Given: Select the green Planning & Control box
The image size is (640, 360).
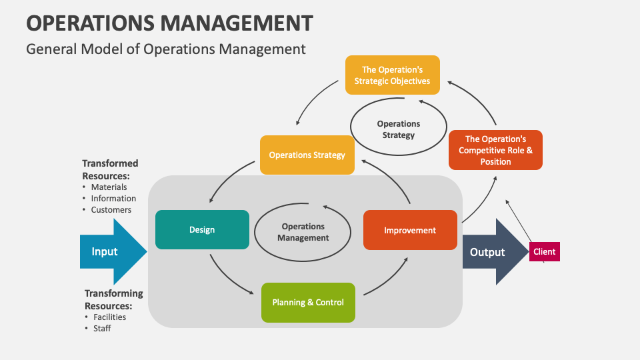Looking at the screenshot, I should [308, 302].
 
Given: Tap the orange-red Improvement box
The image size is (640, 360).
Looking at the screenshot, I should [410, 230].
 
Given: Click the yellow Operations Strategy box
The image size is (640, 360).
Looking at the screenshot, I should [307, 155].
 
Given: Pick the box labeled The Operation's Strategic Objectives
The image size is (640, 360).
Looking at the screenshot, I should [392, 75].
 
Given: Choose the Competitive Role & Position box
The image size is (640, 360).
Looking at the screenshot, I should [495, 150].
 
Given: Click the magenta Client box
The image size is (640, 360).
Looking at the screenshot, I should [545, 252].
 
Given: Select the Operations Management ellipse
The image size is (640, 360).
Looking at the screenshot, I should [303, 232].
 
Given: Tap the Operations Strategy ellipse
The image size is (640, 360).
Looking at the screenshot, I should [399, 129].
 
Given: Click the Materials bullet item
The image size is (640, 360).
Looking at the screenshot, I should [109, 187].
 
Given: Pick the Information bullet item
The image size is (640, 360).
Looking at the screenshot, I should [113, 199].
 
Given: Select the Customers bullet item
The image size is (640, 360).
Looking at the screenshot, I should [111, 210].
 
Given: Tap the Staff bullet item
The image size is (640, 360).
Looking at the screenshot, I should [102, 329].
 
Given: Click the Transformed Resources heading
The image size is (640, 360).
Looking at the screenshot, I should [110, 169].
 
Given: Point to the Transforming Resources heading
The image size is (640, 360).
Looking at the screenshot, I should [113, 299].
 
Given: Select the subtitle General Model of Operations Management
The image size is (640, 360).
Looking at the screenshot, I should [165, 49].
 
